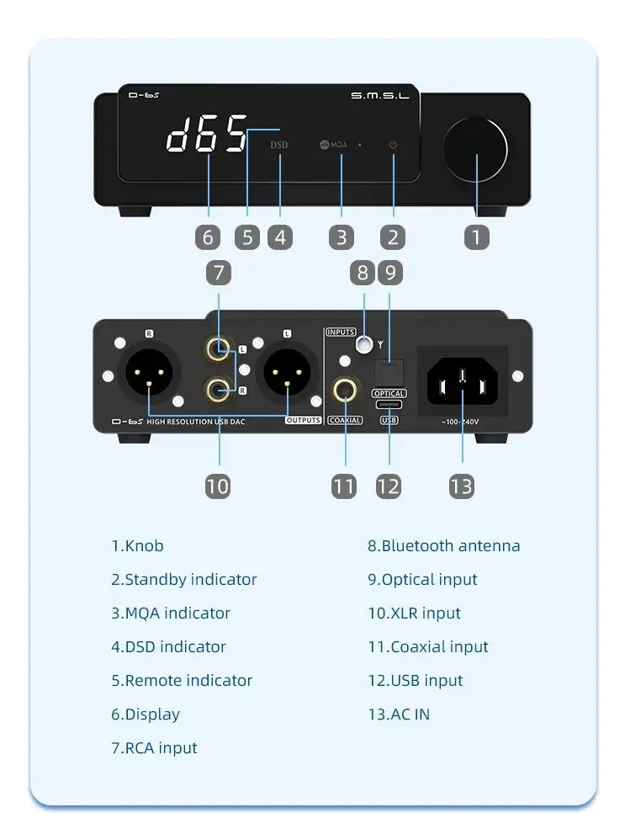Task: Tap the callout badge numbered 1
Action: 476,237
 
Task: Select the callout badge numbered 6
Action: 208,237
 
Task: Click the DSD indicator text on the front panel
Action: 278,145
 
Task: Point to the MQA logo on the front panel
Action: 333,145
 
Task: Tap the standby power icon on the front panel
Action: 393,145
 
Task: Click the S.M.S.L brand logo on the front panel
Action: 379,97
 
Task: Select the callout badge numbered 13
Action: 462,486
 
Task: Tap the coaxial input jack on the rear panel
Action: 344,390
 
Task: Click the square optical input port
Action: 389,370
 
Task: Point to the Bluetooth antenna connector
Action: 363,343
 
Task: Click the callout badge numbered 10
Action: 217,486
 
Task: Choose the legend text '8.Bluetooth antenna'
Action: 443,545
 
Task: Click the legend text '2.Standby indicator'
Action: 183,579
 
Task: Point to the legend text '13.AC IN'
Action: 398,714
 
